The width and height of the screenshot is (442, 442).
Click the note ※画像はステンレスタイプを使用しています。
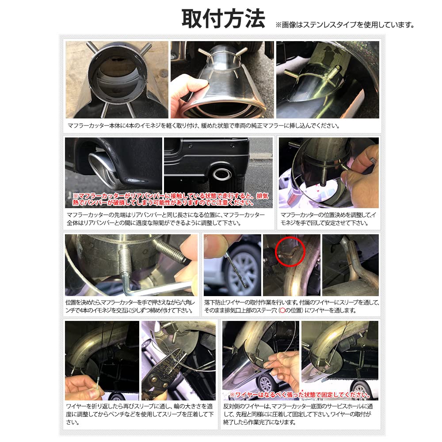pos(345,25)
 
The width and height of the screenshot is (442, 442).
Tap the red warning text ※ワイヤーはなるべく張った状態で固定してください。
pos(300,395)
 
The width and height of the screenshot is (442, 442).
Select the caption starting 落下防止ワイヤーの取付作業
pos(292,306)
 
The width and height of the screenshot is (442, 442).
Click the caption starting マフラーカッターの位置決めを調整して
pos(328,218)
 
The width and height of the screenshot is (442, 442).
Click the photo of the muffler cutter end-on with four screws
pos(117,80)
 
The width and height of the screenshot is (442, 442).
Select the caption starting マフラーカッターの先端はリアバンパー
pos(166,218)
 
